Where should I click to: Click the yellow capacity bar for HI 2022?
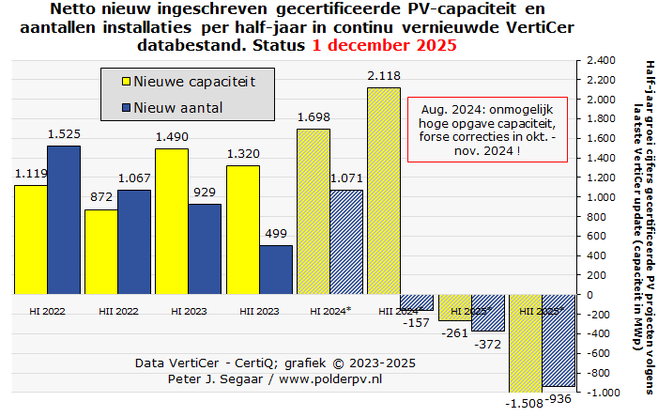[31, 239]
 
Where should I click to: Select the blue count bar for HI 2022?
[64, 220]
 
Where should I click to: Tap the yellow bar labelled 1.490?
[172, 221]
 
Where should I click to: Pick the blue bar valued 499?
[276, 270]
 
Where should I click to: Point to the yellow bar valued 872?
[101, 252]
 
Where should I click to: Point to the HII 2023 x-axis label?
[258, 310]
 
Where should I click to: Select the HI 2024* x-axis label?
[329, 310]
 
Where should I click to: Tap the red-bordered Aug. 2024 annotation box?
[488, 129]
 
